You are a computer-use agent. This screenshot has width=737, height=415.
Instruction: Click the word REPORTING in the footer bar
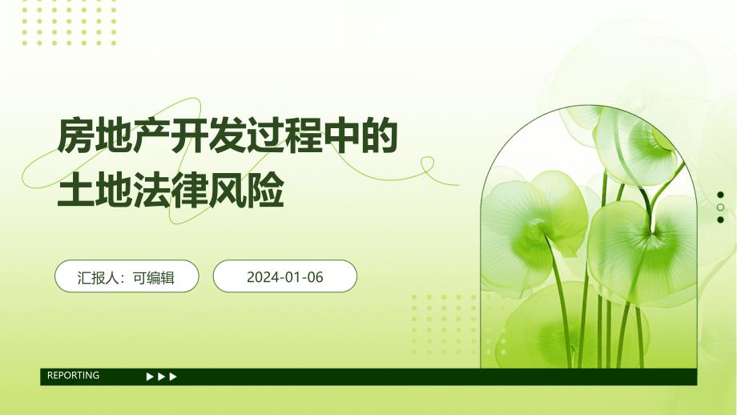tap(73, 376)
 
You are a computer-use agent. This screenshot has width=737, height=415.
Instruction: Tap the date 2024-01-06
tap(284, 277)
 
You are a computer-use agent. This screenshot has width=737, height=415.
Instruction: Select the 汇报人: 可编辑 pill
tap(127, 277)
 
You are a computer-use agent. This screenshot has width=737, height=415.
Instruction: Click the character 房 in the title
tap(74, 136)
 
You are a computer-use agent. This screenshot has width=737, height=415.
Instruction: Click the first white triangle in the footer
tap(150, 377)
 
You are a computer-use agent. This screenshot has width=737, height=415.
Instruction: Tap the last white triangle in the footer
tap(174, 377)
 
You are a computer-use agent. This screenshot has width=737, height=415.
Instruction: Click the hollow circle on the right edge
tap(720, 207)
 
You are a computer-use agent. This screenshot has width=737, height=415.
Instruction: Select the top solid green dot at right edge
tap(720, 195)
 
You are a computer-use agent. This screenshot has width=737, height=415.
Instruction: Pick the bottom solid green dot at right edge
tap(720, 220)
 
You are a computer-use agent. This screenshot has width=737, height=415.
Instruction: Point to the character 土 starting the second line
tap(74, 192)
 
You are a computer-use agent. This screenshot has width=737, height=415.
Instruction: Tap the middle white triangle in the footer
tap(162, 377)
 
